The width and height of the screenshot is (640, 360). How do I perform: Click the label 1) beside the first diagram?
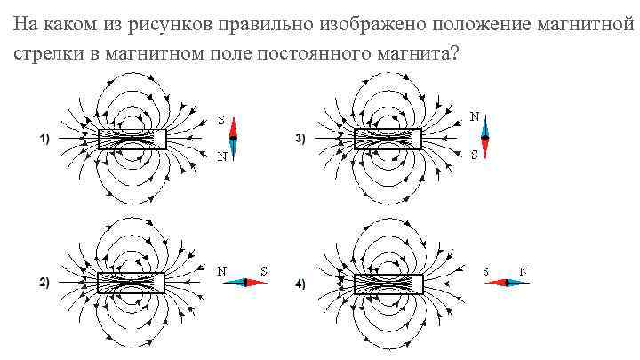44,139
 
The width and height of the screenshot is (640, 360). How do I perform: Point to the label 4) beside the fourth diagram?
300,284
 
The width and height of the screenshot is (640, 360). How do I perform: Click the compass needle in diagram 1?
234,138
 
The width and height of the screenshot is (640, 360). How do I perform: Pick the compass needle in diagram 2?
244,283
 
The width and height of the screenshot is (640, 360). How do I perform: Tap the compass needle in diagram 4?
508,283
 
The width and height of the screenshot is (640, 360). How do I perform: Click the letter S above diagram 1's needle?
221,119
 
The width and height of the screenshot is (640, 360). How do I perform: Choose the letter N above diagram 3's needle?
475,116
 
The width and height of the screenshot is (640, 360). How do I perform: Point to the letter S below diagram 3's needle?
475,155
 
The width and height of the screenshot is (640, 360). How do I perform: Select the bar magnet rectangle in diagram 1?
132,139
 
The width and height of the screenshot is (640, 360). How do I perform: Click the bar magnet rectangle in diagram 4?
388,284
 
